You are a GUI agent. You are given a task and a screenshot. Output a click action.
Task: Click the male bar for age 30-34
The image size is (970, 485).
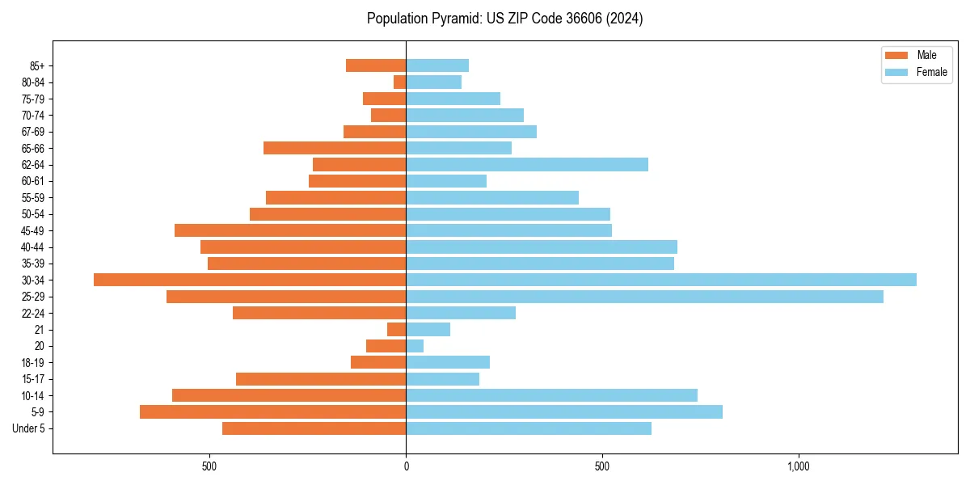pos(250,280)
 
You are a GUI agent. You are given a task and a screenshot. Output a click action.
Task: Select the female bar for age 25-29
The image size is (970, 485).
pos(644,297)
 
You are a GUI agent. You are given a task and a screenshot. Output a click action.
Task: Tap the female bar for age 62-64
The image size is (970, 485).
pos(527,165)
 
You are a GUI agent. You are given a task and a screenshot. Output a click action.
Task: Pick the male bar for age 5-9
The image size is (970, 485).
pos(272,412)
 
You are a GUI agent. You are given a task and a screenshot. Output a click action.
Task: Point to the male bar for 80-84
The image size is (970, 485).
pos(400,82)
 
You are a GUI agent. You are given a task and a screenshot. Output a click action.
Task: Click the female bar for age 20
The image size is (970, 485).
pos(415,346)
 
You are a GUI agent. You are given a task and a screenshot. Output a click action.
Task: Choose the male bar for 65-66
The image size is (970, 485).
pos(335,148)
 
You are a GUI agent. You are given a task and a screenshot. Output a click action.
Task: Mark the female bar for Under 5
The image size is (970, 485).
pos(529,428)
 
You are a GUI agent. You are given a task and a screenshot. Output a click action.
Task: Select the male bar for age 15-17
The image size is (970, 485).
pos(321,379)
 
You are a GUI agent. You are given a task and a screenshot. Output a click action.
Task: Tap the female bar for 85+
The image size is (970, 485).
pos(437,65)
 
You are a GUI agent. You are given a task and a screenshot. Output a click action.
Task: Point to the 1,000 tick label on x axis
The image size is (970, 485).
pos(798,466)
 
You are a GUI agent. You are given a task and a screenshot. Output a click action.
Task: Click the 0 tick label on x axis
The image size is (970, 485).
pos(406,466)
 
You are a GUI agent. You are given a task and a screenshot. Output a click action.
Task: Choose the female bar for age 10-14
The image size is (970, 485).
pos(551,395)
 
